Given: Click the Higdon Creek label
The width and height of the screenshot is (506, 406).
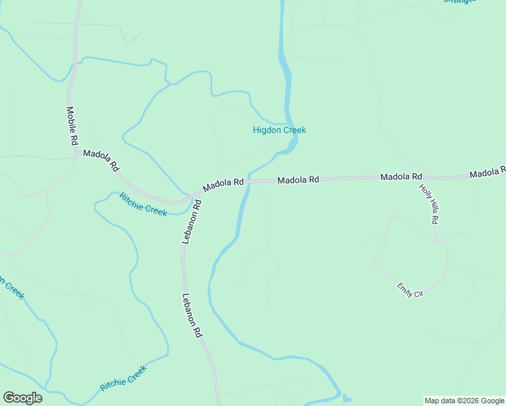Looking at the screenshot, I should [279, 130].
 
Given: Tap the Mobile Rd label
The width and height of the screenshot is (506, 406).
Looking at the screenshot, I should [72, 126].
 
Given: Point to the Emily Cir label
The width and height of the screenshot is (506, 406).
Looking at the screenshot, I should [410, 290].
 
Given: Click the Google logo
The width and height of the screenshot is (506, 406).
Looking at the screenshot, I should [22, 398].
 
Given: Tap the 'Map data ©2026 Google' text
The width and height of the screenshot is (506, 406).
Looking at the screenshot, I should [464, 401].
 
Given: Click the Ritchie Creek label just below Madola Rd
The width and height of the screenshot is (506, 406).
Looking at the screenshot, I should [143, 204].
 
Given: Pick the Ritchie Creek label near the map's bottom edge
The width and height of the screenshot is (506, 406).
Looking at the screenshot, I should [123, 378].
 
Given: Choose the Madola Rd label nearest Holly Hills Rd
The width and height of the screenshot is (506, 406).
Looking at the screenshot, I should [401, 177].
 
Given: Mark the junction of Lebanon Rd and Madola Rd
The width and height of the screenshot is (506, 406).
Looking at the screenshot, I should [196, 196].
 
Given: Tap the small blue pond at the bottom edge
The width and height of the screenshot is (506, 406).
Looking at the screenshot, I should [347, 398].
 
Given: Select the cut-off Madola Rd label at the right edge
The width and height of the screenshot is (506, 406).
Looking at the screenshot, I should [488, 173].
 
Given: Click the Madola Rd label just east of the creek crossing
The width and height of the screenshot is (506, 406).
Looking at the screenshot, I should [298, 180].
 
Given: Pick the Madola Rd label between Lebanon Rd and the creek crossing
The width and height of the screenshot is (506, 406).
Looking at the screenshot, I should [223, 183].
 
